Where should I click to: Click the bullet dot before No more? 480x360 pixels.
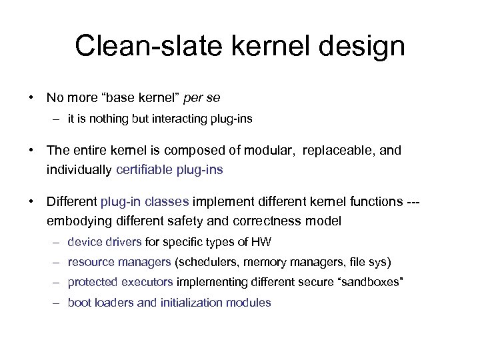(x=32, y=97)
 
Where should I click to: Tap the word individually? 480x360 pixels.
(x=79, y=169)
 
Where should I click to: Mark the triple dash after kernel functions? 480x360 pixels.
(x=414, y=201)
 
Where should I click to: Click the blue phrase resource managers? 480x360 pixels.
(x=119, y=262)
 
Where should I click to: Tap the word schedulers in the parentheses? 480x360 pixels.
(x=208, y=262)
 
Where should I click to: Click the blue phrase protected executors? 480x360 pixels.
(x=121, y=282)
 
